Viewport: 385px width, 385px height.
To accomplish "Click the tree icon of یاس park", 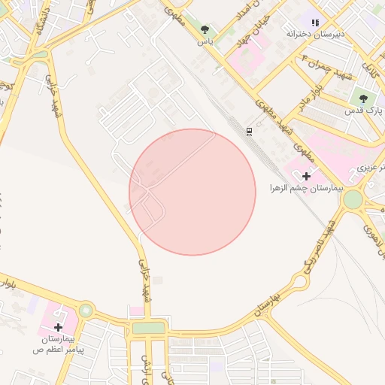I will pos(205,29).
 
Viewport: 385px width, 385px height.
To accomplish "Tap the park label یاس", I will pos(205,42).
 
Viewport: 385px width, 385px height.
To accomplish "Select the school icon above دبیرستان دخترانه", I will pos(315,23).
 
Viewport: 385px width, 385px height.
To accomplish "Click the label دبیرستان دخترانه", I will pos(315,35).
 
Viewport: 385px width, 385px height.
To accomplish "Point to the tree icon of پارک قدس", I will pos(364,99).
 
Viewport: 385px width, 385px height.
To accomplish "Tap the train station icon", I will pos(249,132).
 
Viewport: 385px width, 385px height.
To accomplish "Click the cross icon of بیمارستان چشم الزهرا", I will pos(306,175).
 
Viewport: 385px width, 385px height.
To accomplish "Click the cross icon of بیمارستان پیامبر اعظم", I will pos(59,327).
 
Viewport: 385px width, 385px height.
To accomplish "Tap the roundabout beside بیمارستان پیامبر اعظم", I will pos(86,310).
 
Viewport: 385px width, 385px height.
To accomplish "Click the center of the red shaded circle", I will pos(192,192).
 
